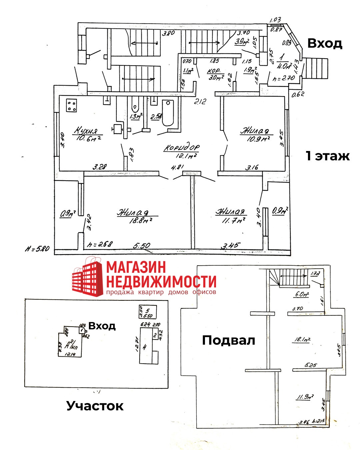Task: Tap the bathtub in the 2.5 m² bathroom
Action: point(168,113)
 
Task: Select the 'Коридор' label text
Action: point(182,148)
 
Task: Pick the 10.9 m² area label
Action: point(258,138)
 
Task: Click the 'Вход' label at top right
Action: point(324,43)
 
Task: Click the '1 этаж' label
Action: point(328,156)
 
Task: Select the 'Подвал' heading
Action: point(229,340)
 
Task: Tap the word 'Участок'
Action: point(95,406)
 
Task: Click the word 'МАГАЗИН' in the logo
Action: point(136,268)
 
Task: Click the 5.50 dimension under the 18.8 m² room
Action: point(142,246)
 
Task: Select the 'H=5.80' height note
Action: point(37,248)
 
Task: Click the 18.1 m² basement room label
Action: point(302,340)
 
